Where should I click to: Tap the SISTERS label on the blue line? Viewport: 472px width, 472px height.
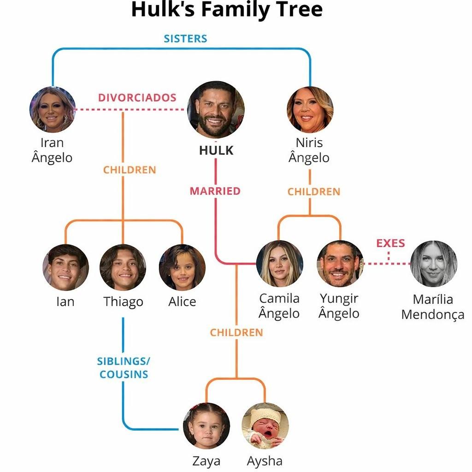[185, 38]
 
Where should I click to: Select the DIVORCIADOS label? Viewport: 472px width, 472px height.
[137, 98]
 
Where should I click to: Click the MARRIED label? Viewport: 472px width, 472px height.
[215, 191]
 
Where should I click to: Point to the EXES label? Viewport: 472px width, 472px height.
[390, 243]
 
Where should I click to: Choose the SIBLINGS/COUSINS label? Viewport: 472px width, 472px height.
[124, 367]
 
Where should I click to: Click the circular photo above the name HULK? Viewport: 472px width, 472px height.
[216, 110]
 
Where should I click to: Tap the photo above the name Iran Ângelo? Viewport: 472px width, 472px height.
[53, 109]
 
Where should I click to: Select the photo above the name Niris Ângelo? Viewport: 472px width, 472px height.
[310, 109]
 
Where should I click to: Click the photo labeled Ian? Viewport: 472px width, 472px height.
[65, 267]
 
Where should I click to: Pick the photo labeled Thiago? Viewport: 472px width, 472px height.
[123, 267]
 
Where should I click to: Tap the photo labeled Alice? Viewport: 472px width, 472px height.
[182, 267]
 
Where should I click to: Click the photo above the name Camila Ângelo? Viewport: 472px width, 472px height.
[279, 264]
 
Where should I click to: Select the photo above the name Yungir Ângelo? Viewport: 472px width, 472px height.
[340, 264]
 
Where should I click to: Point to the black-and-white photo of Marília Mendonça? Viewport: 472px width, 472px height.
[433, 264]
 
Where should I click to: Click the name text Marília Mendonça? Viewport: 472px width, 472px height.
[433, 307]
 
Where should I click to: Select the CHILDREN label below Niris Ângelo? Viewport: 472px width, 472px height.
[314, 192]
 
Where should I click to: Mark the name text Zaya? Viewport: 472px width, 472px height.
[206, 461]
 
